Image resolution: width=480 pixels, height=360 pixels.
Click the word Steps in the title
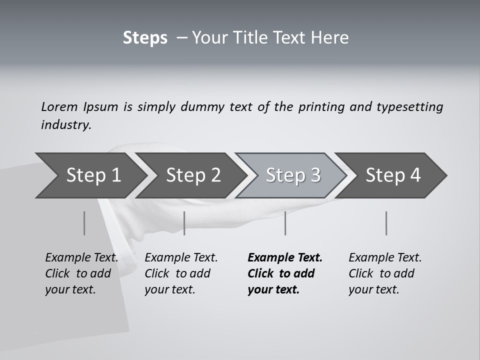coord(145,38)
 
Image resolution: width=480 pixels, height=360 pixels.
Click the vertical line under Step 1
coord(84,223)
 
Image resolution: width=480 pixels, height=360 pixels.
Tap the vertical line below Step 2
coord(184,223)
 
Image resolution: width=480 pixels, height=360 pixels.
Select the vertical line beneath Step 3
coord(285,223)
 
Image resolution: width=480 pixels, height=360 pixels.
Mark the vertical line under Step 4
coord(386,223)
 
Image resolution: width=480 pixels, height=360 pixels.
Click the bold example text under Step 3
coord(285,273)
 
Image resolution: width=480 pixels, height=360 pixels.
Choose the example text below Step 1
coord(81,273)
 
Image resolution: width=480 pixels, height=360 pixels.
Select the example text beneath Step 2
coord(181,273)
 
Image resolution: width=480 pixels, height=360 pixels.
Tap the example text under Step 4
coord(385,273)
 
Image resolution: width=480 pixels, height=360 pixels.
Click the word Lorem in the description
coord(59,107)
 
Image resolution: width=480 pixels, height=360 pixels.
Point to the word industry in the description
coord(66,125)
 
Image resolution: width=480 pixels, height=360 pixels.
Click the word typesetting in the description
coord(409,107)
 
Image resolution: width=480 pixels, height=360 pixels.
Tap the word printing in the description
coord(321,107)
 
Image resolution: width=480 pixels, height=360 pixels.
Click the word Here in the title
coord(331,38)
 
